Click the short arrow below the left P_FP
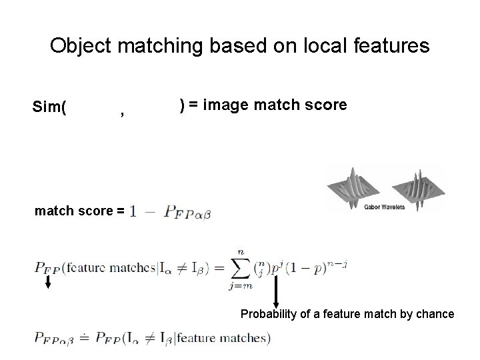click(49, 282)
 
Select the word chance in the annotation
click(435, 314)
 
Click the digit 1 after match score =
click(133, 212)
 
